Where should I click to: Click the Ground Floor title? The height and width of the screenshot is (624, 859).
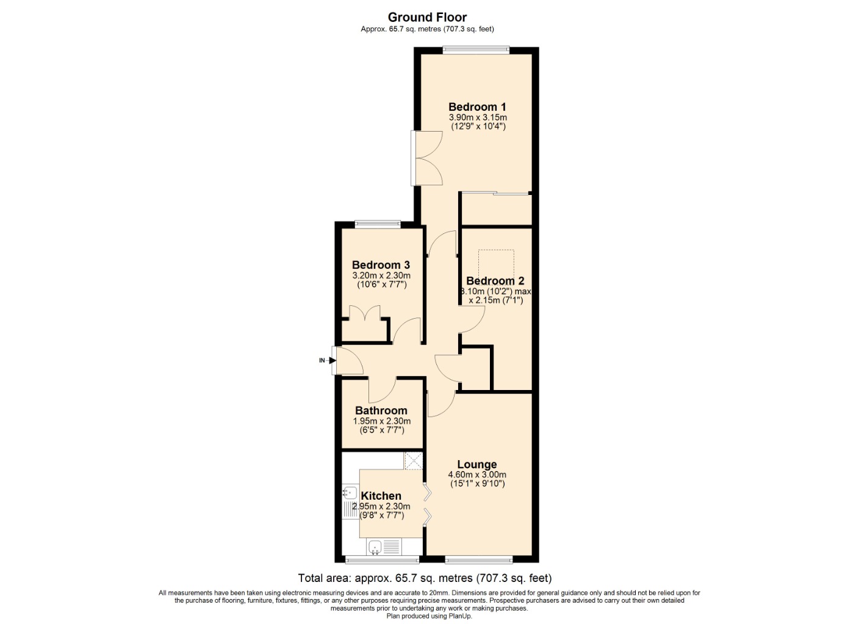coord(427,17)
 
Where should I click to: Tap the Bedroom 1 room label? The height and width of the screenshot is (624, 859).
coord(477,107)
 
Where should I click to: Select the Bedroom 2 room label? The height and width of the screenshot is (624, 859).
coord(495,281)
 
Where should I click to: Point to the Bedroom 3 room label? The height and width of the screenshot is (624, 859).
coord(381,265)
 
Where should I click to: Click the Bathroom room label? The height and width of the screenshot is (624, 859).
coord(381,411)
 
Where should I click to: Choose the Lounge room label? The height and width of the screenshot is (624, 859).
coord(476,464)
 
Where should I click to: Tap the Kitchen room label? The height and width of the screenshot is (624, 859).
coord(381,496)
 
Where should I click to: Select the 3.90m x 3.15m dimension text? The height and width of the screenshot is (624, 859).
coord(478,118)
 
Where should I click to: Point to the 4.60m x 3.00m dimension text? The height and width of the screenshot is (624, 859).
coord(476,475)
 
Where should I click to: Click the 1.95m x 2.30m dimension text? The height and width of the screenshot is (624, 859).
coord(381,421)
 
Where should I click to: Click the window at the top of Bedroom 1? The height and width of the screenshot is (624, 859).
coord(476,51)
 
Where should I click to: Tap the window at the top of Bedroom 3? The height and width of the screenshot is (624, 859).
coord(378,224)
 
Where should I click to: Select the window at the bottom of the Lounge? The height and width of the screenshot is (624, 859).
coord(479,559)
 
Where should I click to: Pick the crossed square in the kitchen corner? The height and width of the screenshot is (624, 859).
coord(414,460)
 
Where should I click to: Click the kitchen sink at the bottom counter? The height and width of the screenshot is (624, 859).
coord(376,547)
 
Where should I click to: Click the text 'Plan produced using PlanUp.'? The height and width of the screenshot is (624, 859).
coord(429,616)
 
